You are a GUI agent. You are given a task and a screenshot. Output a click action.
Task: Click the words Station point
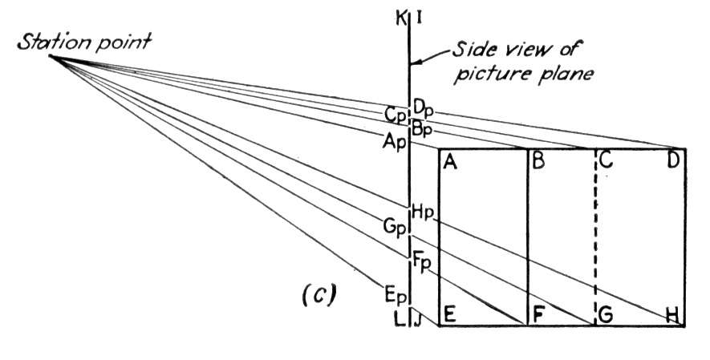click(x=83, y=42)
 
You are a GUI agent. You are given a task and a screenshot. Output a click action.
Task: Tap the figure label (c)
click(x=318, y=295)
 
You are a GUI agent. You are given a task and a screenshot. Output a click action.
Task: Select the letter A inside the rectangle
click(x=450, y=161)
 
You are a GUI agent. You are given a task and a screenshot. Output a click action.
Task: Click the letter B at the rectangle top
click(x=538, y=161)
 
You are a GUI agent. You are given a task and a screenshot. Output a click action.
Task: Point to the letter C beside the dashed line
click(x=606, y=161)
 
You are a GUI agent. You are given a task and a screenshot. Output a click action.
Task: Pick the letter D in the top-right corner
click(x=674, y=161)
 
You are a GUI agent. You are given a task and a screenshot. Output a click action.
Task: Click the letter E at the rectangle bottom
click(x=449, y=315)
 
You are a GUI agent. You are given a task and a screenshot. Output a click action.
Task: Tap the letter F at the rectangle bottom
click(x=538, y=315)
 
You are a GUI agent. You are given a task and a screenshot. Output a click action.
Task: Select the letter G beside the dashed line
click(x=606, y=315)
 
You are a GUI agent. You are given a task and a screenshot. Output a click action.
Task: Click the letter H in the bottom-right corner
click(x=674, y=315)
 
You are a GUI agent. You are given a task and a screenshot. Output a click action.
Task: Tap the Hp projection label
click(x=423, y=213)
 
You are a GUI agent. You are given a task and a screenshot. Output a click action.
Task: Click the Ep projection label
click(x=394, y=295)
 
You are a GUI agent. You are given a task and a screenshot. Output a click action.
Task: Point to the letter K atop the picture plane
click(x=400, y=20)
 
